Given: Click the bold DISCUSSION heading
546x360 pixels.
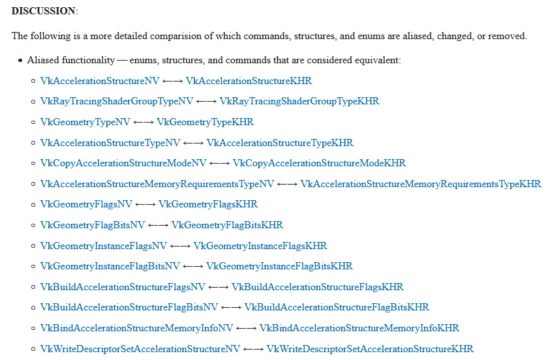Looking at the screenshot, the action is (44, 11).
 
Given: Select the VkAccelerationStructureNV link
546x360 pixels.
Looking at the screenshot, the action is (100, 81).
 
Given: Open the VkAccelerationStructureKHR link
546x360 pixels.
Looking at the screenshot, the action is (249, 81).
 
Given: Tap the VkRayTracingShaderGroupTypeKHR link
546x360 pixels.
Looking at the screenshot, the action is (299, 101).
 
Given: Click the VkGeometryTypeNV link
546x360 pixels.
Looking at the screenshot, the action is (85, 122).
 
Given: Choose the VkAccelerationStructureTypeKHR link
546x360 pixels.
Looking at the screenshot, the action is (280, 143).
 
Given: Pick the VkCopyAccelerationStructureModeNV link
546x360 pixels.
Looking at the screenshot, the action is (123, 163).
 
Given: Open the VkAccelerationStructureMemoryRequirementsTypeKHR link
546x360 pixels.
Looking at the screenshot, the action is (421, 184).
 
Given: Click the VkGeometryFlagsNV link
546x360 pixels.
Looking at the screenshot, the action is (86, 204).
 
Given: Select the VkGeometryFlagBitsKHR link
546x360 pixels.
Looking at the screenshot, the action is (227, 225).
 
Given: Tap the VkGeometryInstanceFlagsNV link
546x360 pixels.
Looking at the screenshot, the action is (104, 246).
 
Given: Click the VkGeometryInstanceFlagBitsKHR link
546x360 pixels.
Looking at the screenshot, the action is (279, 266).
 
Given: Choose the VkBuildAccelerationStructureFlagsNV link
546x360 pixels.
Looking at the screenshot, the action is (123, 287).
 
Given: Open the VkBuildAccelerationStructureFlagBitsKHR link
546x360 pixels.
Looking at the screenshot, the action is (337, 307).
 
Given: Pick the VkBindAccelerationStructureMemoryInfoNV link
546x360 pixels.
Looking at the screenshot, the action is (136, 328).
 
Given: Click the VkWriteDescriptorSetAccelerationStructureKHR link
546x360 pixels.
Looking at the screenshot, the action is (370, 349).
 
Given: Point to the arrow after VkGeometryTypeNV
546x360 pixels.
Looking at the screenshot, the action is (144, 122).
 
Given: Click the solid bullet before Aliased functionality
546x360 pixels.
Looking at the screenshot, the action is (20, 61).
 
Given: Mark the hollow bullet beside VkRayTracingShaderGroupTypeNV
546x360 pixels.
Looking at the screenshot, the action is (33, 102).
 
